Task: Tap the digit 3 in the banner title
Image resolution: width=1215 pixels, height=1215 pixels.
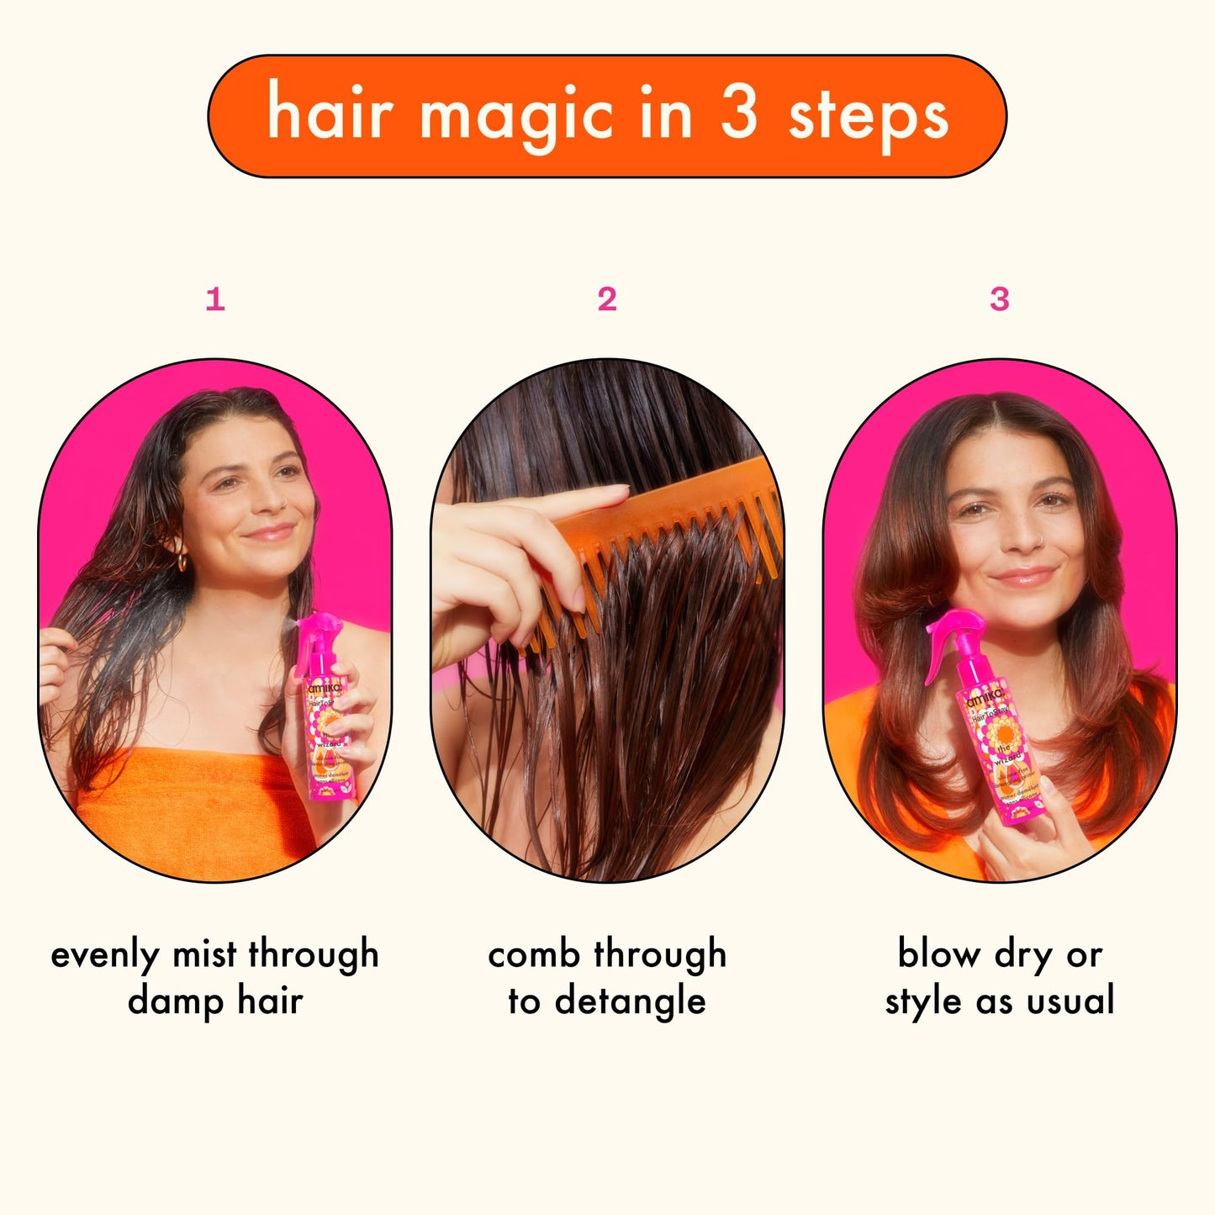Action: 738,114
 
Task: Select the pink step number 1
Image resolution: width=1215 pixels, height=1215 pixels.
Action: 215,299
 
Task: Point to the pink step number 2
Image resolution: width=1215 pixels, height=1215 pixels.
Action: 607,299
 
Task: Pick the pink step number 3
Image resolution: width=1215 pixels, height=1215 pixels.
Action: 999,299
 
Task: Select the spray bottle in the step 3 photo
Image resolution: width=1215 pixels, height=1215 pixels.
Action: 992,732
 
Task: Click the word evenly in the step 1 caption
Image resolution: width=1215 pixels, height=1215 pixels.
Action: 104,955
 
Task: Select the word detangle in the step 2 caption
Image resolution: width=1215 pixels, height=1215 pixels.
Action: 630,1001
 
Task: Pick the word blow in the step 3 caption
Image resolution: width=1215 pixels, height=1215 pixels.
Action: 938,955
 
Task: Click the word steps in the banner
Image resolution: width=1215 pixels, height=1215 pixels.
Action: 868,117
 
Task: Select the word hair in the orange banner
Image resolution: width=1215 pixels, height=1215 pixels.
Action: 329,114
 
